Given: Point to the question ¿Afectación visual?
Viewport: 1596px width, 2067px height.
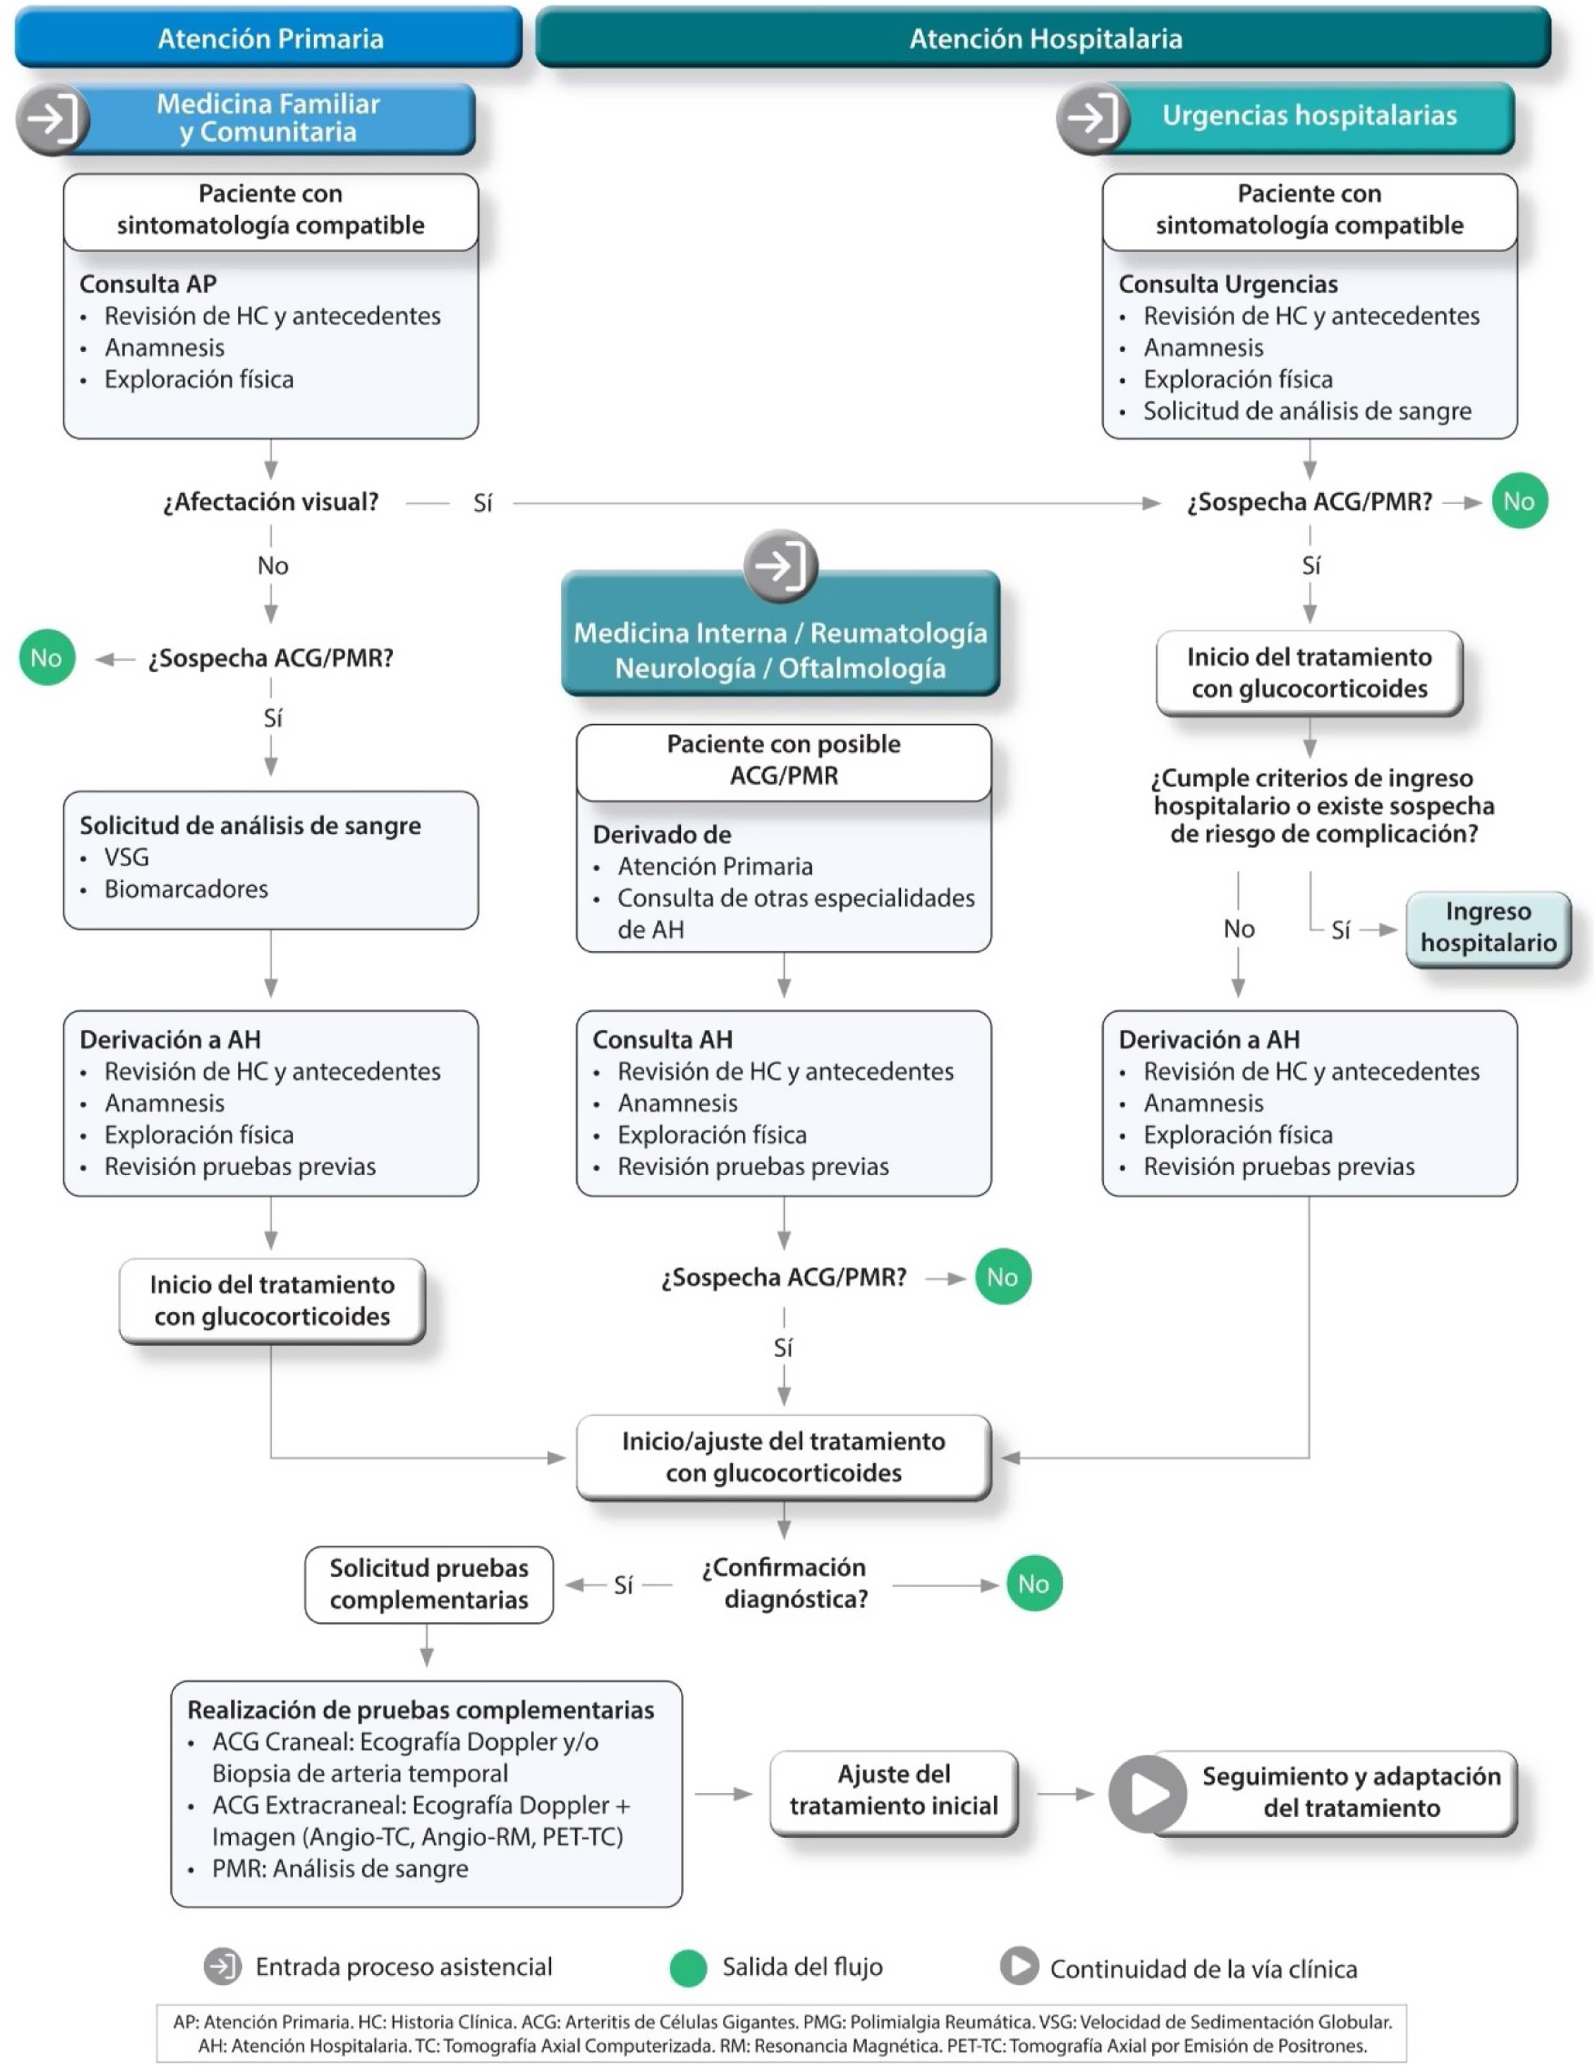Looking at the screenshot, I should point(271,502).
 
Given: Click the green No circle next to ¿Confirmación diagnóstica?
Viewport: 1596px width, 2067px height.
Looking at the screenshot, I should point(1033,1584).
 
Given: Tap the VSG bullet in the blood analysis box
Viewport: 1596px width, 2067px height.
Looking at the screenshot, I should point(127,857).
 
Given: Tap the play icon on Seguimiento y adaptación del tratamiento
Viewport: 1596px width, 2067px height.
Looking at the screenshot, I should point(1147,1792).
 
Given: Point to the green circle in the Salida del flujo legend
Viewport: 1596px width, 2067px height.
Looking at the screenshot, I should point(688,1968).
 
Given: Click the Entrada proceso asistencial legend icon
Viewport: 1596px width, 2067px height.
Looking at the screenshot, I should point(223,1967).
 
